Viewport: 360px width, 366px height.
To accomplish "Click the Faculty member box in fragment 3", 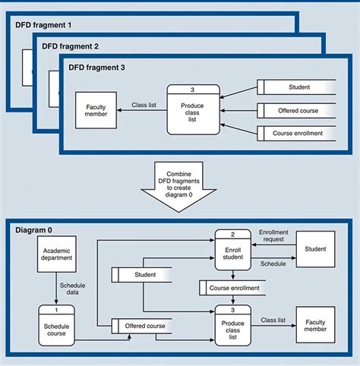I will [96, 110].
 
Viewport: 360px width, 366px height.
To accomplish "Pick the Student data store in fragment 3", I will [298, 87].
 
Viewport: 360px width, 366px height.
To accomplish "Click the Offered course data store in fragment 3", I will [298, 110].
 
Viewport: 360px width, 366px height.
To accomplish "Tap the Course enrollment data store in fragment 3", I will [298, 133].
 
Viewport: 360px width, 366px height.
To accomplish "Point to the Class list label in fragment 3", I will [144, 105].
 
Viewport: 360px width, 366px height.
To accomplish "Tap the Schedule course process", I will [57, 325].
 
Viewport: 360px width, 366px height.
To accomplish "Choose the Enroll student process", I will [233, 250].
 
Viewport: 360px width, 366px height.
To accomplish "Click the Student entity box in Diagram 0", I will [315, 249].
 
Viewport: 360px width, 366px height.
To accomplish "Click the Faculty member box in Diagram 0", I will [315, 324].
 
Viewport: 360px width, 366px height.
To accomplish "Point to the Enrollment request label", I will [273, 235].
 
